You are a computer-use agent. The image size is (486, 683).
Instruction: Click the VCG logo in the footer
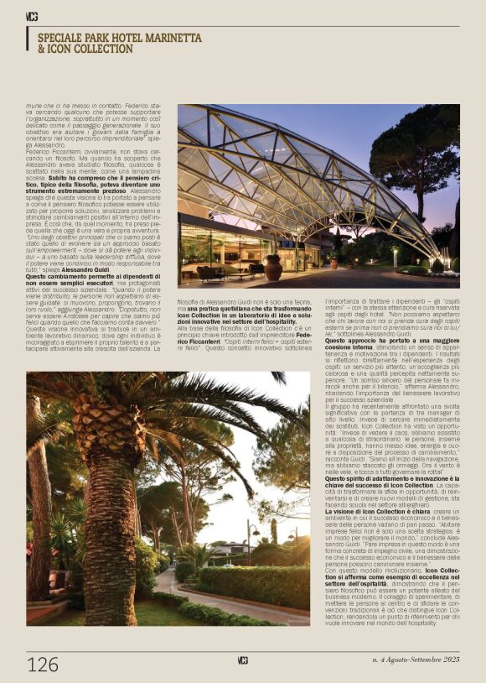pos(242,660)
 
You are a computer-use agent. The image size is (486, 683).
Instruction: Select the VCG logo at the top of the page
pos(32,16)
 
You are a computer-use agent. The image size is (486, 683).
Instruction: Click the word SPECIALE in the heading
pos(65,39)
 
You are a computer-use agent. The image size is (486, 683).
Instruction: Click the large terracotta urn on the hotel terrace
pos(273,268)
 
